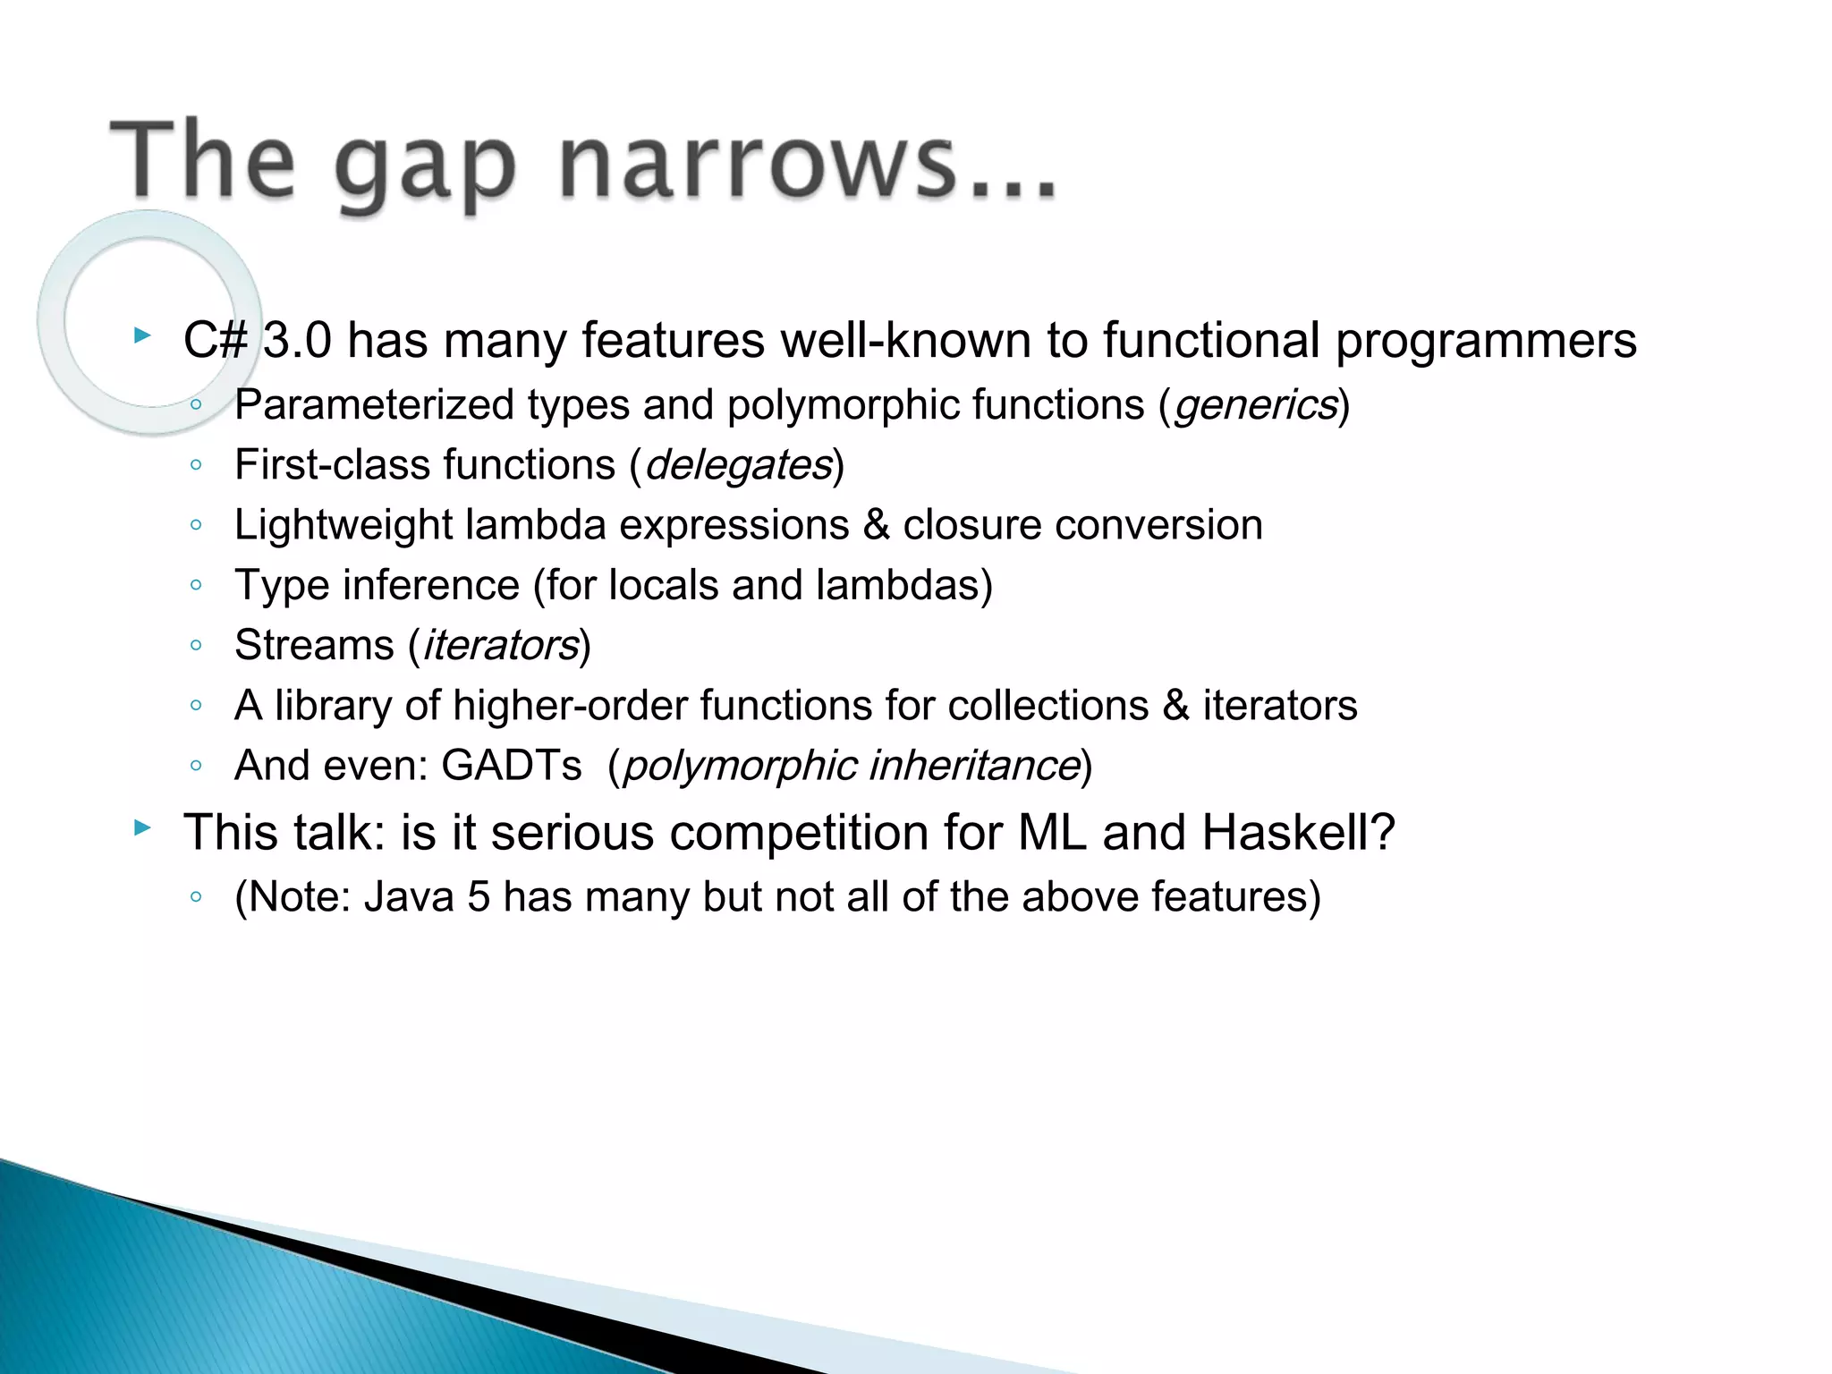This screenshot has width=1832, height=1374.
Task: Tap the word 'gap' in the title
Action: (x=425, y=170)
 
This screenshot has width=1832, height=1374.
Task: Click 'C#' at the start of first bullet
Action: (x=215, y=341)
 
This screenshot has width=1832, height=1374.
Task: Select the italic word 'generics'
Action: (x=1255, y=405)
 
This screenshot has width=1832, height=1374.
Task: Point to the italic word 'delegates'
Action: (x=738, y=465)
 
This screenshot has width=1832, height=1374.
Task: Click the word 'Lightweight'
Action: (x=343, y=525)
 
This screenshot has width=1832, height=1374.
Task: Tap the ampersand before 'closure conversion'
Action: (x=876, y=525)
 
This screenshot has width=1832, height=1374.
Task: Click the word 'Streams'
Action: (x=314, y=645)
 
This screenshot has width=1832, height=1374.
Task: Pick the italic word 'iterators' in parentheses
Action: (x=500, y=645)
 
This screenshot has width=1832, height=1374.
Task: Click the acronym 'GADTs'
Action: (x=511, y=765)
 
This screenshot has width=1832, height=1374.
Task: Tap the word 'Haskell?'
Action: (x=1298, y=832)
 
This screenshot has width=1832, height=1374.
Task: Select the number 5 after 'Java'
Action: (x=479, y=896)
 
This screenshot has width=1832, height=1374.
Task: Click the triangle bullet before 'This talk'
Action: (x=142, y=827)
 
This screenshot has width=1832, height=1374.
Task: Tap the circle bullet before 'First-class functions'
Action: (x=196, y=465)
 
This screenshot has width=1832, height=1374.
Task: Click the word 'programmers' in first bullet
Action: (x=1485, y=341)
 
